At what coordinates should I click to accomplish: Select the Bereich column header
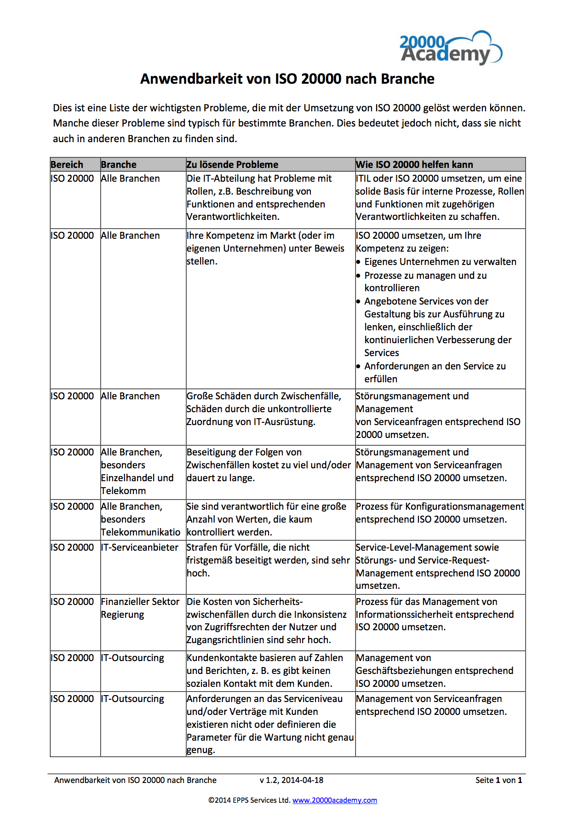(x=67, y=165)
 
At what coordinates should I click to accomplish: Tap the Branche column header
(x=119, y=165)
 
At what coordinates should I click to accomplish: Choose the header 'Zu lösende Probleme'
(x=232, y=165)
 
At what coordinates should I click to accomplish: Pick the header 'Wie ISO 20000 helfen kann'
(x=414, y=165)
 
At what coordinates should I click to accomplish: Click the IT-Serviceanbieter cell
(x=139, y=547)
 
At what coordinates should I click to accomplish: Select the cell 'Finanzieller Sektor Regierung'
(x=140, y=608)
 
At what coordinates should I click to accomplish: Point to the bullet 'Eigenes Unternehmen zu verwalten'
(x=440, y=262)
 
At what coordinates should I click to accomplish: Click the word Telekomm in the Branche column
(x=123, y=491)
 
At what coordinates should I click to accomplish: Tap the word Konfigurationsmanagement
(x=464, y=507)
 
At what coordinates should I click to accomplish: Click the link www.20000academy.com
(x=335, y=800)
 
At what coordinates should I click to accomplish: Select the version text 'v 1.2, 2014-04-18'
(x=292, y=780)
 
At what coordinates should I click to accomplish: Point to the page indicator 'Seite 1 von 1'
(x=498, y=780)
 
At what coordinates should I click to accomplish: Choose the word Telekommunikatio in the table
(x=141, y=532)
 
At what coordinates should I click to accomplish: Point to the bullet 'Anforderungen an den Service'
(x=435, y=366)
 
